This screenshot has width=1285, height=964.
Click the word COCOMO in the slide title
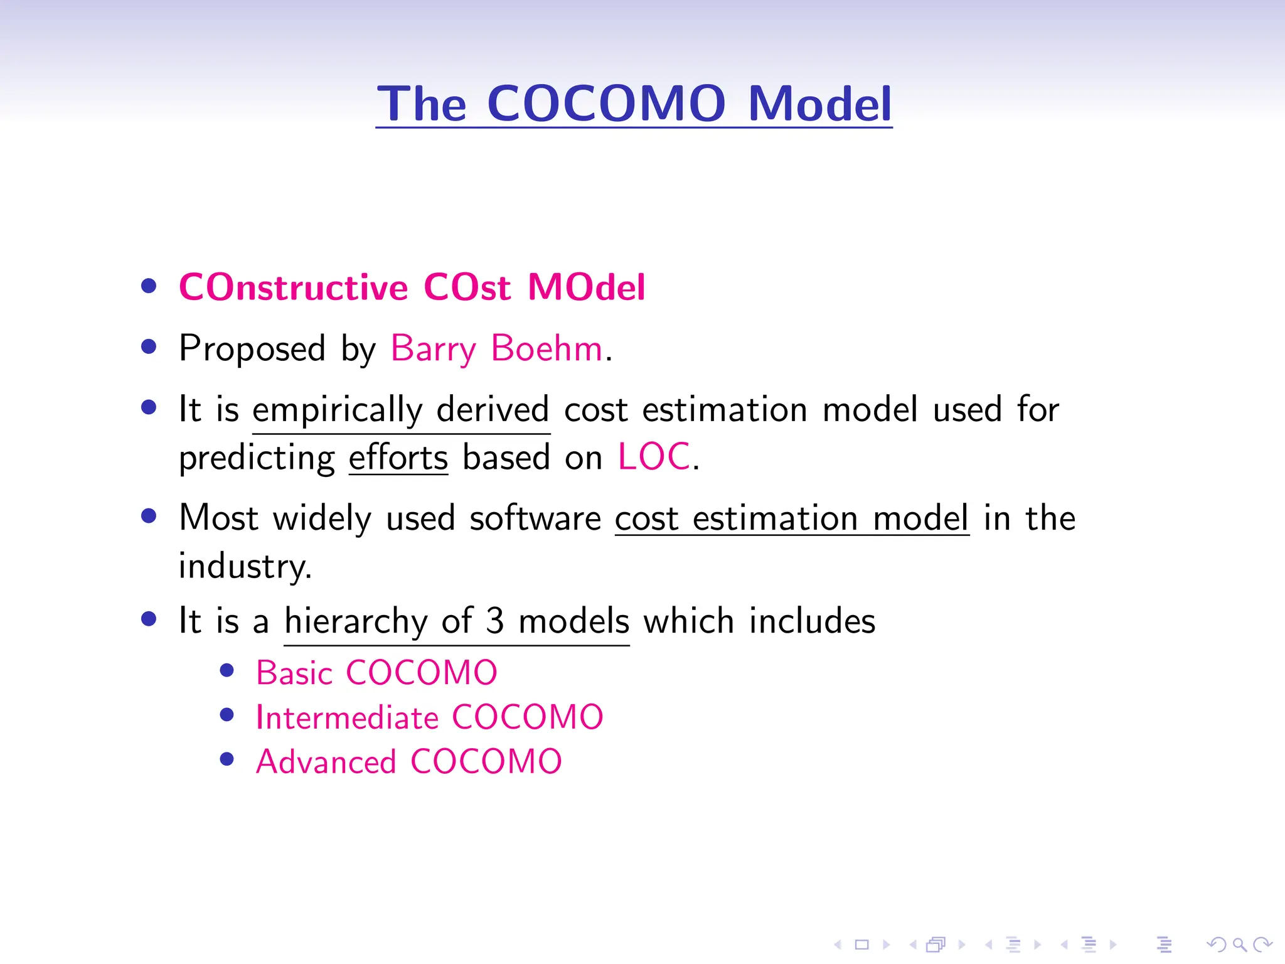606,104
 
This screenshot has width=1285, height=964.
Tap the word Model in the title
819,104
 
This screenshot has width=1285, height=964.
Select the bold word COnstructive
293,287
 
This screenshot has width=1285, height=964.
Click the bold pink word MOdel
586,287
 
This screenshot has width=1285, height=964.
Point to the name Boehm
547,348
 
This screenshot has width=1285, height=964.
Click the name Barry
433,350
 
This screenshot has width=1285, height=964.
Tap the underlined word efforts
398,458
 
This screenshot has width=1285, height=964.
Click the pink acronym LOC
654,456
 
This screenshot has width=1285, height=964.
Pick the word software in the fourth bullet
535,519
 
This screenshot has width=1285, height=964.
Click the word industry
244,567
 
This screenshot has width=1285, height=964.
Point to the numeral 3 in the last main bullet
495,621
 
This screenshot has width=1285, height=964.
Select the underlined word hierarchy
356,622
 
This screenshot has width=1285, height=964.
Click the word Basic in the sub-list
294,673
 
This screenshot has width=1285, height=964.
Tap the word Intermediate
347,718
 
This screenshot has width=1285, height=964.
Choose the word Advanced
326,763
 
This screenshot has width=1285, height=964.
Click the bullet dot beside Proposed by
149,347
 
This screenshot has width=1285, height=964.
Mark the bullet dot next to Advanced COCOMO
227,759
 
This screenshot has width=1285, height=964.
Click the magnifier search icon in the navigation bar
1239,945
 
